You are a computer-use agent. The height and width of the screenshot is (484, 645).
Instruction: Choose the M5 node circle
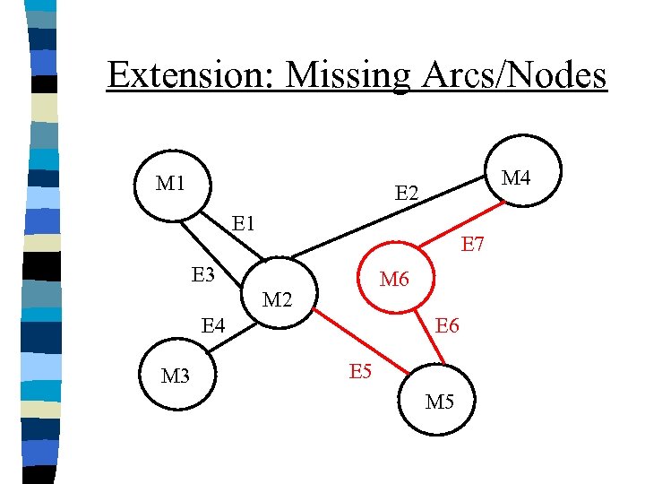[439, 400]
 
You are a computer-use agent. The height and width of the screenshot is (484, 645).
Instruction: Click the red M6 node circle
[394, 280]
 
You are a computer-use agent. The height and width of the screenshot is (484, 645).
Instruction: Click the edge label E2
[408, 193]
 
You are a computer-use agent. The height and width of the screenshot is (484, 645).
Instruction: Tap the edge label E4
[212, 324]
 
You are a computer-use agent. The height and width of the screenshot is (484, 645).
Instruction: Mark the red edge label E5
[360, 370]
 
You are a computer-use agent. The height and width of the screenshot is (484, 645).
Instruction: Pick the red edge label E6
[447, 325]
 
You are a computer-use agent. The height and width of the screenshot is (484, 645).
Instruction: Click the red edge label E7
[472, 243]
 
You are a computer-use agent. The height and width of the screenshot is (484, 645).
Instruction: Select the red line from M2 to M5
[358, 341]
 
